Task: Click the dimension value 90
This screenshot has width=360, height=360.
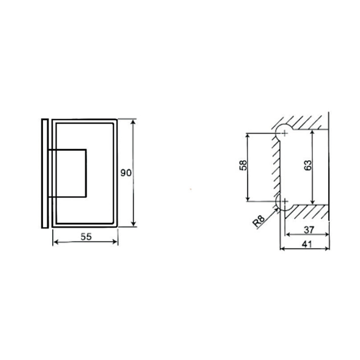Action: [x=126, y=173]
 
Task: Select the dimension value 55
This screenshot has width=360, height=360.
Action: [x=86, y=237]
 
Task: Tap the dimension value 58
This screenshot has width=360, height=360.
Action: [x=243, y=165]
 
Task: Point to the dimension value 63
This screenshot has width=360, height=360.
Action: [x=308, y=165]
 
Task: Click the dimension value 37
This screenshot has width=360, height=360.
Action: [x=309, y=229]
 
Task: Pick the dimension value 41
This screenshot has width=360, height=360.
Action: [x=307, y=244]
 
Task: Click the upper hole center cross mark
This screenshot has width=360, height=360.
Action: [x=284, y=133]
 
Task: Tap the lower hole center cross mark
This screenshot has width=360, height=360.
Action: [x=284, y=201]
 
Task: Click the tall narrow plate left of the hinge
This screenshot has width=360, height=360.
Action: [x=45, y=173]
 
